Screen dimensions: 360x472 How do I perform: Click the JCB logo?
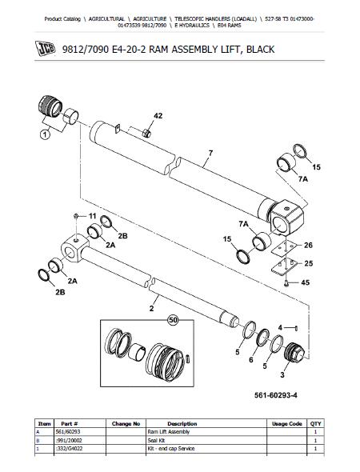click(45, 49)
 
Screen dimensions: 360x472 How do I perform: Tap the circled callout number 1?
click(45, 134)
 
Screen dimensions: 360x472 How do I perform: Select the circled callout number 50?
click(173, 320)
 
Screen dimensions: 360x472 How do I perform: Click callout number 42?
click(158, 116)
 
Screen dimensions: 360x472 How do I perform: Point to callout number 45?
click(306, 282)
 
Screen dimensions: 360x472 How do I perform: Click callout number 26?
click(308, 245)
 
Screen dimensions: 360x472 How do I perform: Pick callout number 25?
click(309, 263)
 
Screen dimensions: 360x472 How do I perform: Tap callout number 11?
click(92, 216)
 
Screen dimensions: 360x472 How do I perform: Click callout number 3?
click(282, 374)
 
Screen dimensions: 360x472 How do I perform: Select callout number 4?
click(280, 327)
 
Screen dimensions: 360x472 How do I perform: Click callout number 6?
click(251, 360)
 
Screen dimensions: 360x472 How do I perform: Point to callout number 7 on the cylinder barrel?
click(210, 153)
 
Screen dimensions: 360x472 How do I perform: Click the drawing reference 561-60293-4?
click(276, 395)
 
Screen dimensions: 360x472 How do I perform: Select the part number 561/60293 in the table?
click(68, 432)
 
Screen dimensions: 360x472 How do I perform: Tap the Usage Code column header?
click(287, 423)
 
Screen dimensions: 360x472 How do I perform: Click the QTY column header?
click(315, 423)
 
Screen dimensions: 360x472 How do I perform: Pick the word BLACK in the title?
click(260, 49)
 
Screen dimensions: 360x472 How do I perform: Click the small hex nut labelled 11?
click(76, 215)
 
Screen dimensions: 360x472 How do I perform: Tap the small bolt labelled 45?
click(286, 283)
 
